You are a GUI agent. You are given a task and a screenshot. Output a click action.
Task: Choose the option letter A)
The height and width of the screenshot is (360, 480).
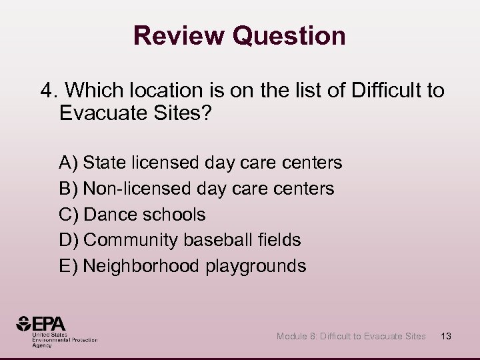click(x=69, y=162)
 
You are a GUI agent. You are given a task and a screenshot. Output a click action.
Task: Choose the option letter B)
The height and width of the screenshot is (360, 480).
click(x=69, y=188)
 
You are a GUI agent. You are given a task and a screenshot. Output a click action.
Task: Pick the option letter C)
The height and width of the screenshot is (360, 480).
click(x=69, y=215)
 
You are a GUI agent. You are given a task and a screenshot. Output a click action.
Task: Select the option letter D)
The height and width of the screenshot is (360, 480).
click(x=69, y=240)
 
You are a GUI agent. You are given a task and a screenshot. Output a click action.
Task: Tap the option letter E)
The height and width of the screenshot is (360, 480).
click(x=69, y=266)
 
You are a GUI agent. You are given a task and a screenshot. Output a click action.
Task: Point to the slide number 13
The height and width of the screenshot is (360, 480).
click(x=446, y=336)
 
